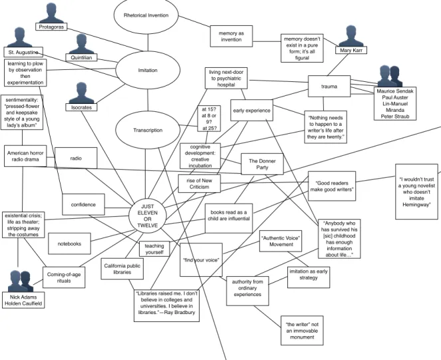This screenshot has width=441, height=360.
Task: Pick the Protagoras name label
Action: (x=51, y=27)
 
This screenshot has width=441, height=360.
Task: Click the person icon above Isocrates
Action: (x=81, y=93)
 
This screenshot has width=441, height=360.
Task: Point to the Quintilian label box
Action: (x=81, y=57)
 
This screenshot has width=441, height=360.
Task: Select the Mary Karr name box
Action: (x=351, y=50)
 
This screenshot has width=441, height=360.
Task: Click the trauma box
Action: (x=329, y=86)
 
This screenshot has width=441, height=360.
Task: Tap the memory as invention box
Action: (x=231, y=37)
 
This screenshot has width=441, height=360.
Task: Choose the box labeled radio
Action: (x=76, y=158)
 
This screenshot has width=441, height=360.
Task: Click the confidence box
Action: (x=83, y=205)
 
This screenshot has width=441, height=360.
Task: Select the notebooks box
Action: (x=69, y=244)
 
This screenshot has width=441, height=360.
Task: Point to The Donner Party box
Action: (x=262, y=164)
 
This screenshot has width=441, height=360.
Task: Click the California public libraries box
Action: (x=122, y=269)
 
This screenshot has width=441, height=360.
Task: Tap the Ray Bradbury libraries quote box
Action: (x=166, y=305)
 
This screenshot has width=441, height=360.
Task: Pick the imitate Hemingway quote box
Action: (x=416, y=192)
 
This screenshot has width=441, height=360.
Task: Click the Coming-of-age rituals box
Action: (x=64, y=277)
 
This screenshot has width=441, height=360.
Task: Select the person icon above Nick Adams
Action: (x=21, y=281)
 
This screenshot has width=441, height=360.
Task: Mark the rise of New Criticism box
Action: (x=199, y=184)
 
